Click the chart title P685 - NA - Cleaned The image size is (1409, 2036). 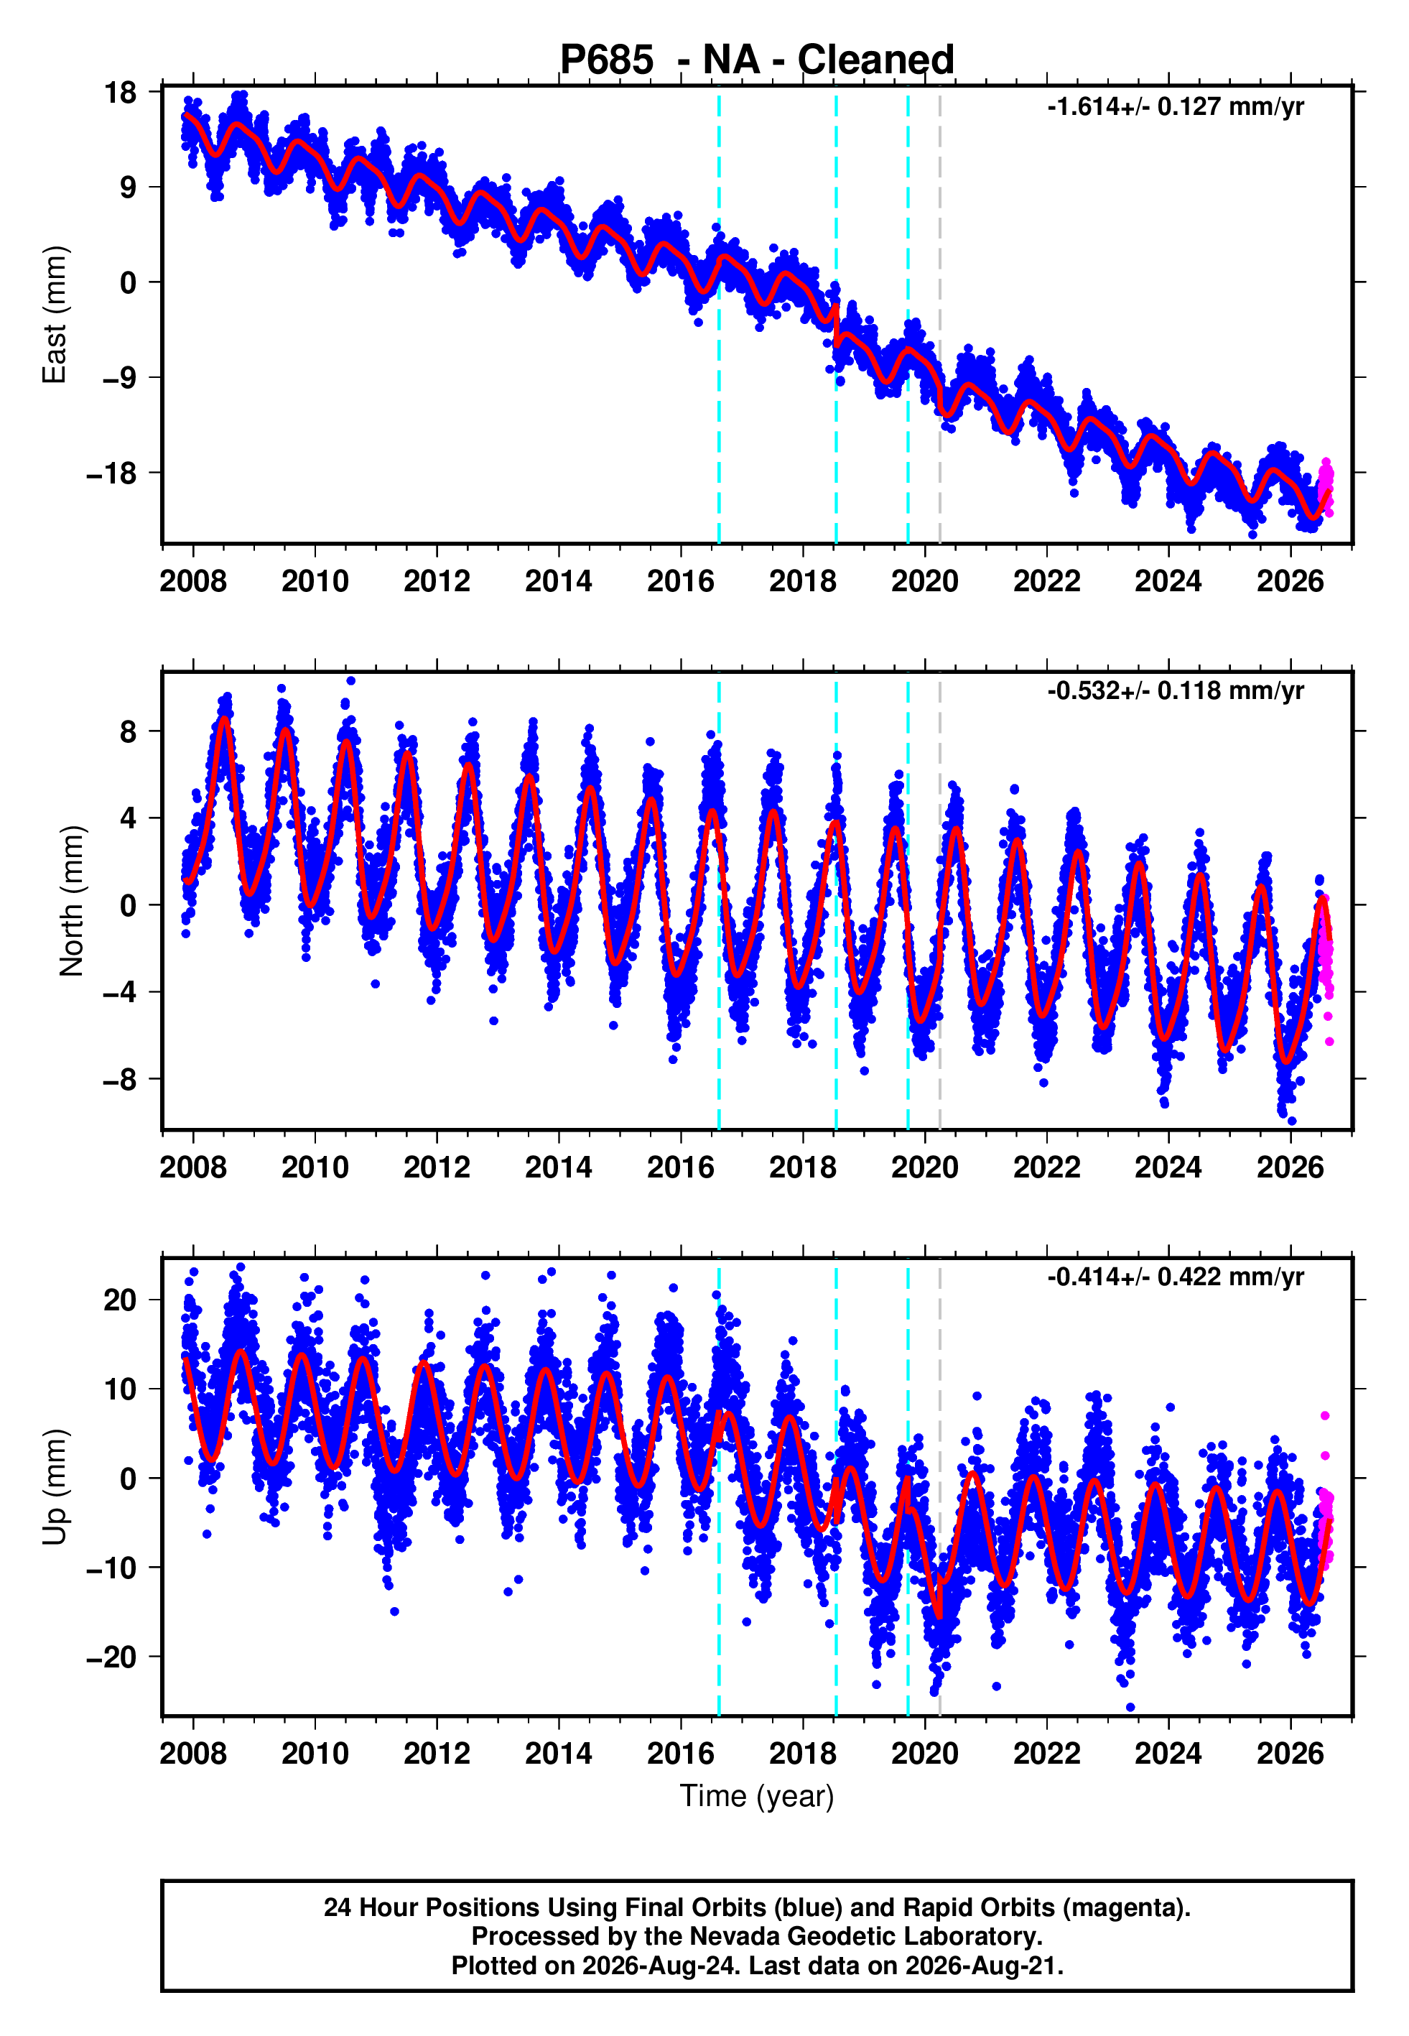click(x=757, y=60)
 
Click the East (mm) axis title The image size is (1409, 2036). click(x=55, y=315)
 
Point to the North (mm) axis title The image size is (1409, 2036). click(x=72, y=901)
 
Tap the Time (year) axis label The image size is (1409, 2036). click(x=757, y=1796)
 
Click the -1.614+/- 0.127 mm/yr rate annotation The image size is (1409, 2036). click(x=1175, y=107)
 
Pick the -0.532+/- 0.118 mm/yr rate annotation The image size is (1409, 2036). click(x=1175, y=690)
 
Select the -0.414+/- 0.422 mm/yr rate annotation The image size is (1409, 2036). click(x=1175, y=1277)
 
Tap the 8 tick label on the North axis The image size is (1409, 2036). click(x=129, y=731)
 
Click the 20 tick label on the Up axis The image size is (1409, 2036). click(x=120, y=1300)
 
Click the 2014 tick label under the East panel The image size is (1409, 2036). click(x=559, y=581)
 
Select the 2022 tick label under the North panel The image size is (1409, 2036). click(x=1047, y=1167)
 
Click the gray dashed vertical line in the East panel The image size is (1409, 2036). click(x=939, y=315)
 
